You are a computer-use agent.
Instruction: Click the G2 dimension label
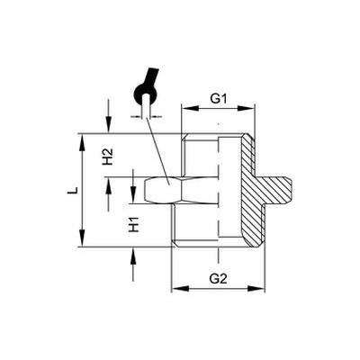coord(218,279)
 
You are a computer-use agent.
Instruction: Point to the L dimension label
coord(72,190)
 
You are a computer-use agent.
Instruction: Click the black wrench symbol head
coord(146,94)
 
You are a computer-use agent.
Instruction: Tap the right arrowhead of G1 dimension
coord(246,109)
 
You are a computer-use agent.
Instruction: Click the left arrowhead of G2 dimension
coord(180,289)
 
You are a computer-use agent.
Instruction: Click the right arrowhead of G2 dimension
coord(256,289)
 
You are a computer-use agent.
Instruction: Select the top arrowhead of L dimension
coord(82,142)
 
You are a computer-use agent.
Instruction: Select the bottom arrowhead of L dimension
coord(82,238)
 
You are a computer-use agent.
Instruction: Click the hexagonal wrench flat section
coord(163,190)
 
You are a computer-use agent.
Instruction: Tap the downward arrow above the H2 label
coord(109,115)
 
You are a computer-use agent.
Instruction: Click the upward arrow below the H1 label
coord(133,264)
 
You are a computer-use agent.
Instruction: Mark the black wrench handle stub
coord(151,76)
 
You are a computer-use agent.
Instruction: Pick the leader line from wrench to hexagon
coord(157,151)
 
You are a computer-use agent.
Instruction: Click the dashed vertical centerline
coord(218,192)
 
